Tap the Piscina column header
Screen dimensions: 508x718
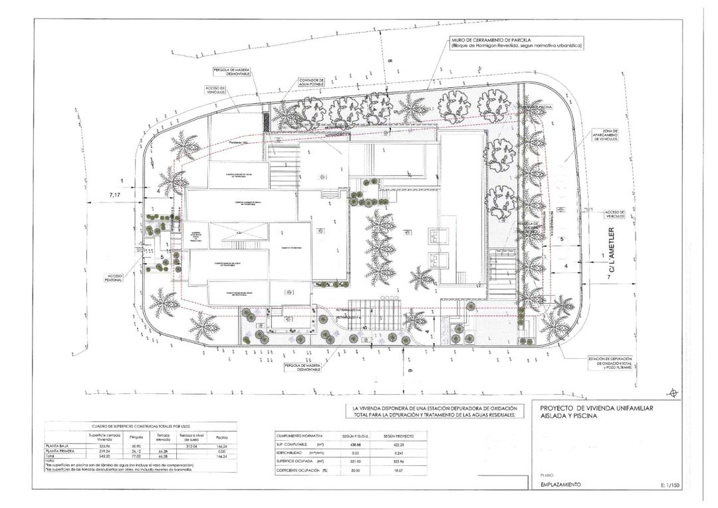click(222, 437)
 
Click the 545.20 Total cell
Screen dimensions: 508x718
click(104, 455)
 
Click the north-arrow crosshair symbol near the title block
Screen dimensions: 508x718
click(675, 392)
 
